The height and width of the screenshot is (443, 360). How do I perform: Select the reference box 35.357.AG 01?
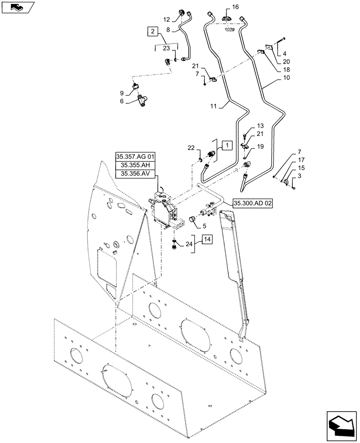point(135,157)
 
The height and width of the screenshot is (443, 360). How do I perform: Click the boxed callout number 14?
point(207,240)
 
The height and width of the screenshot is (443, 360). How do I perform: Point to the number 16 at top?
point(235,7)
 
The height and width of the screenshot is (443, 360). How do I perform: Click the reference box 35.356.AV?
point(135,174)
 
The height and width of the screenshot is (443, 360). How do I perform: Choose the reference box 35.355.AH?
point(135,166)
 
